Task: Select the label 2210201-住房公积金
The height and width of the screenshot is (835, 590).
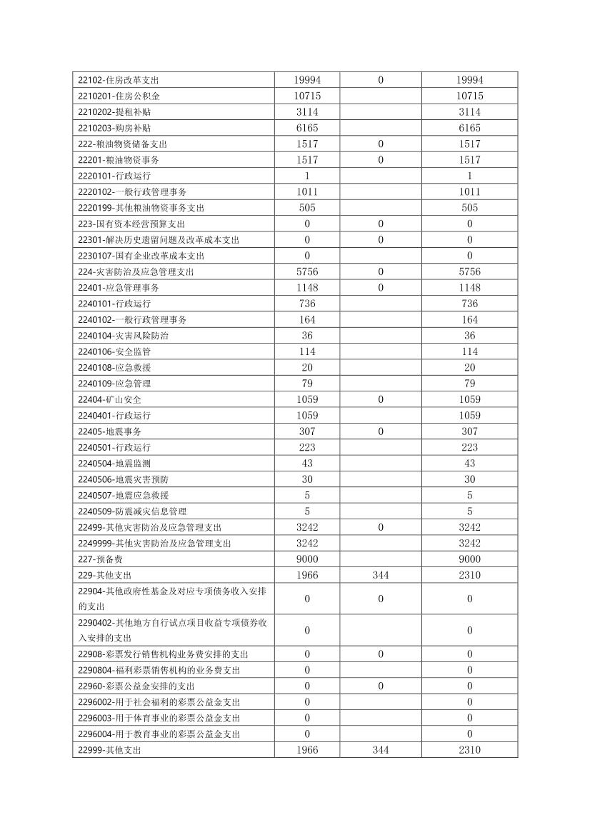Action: coord(119,96)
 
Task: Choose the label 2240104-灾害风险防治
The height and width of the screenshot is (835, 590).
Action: coord(123,336)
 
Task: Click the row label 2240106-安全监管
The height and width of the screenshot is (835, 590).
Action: coord(114,351)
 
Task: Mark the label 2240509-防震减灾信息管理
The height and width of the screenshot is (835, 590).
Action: coord(132,511)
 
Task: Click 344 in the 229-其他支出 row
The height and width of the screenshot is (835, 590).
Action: coord(381,575)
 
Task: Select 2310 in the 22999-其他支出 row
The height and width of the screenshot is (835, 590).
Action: coord(469,750)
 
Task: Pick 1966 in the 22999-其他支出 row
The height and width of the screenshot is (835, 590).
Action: coord(307,750)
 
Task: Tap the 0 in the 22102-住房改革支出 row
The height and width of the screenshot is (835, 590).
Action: coord(381,80)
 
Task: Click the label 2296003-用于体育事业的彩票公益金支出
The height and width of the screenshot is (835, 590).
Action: coord(159,718)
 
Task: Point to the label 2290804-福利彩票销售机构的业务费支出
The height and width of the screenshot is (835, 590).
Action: coord(159,670)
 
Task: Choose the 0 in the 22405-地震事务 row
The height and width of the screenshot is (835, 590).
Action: coord(381,431)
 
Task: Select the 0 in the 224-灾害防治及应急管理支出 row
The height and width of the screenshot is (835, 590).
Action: coord(381,271)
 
